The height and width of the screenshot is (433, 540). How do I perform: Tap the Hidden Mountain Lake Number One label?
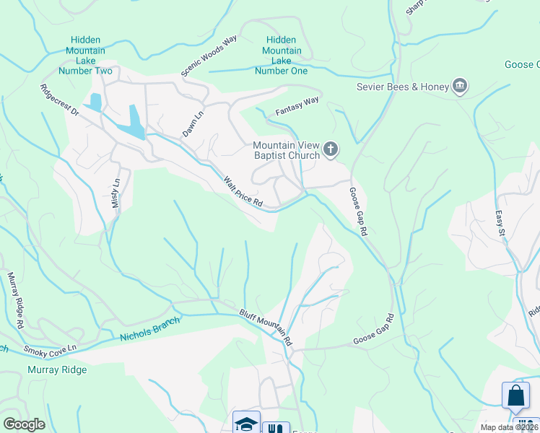(x=282, y=56)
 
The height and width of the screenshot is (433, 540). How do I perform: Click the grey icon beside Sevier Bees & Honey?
(x=459, y=87)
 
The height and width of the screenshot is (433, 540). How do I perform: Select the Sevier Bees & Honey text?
(x=403, y=87)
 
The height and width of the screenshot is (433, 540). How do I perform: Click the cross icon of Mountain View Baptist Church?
(x=331, y=150)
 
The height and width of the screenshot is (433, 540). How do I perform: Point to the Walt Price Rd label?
(x=242, y=192)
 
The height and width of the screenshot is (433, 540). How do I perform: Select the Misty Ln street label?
(x=116, y=193)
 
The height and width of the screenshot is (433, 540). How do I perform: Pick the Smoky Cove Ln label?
(x=51, y=351)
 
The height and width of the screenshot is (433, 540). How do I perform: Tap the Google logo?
(x=24, y=424)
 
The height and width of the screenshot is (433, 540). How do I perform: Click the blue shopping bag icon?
(x=516, y=396)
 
